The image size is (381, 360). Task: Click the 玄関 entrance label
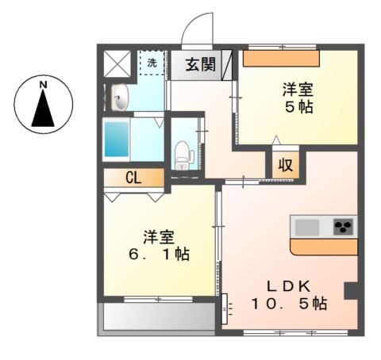click(201, 65)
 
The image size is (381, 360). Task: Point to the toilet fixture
click(183, 151)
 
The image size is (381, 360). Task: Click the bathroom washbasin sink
click(120, 99)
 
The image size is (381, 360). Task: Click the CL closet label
click(133, 178)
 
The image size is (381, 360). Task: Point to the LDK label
click(288, 285)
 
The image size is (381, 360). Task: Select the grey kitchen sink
click(306, 228)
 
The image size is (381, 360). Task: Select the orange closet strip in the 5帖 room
click(281, 59)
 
